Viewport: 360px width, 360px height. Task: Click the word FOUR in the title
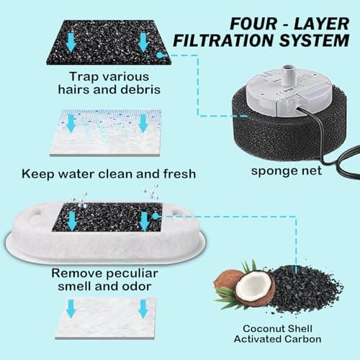pyautogui.click(x=253, y=24)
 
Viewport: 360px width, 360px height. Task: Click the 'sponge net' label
pyautogui.click(x=286, y=171)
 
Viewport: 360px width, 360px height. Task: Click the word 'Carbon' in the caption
pyautogui.click(x=302, y=339)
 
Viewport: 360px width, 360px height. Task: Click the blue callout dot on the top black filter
pyautogui.click(x=159, y=55)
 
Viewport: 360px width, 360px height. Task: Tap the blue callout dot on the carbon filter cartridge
pyautogui.click(x=156, y=216)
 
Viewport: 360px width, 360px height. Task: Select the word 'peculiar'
pyautogui.click(x=132, y=274)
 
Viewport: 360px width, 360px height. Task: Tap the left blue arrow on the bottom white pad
pyautogui.click(x=71, y=309)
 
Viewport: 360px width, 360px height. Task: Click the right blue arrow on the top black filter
pyautogui.click(x=143, y=42)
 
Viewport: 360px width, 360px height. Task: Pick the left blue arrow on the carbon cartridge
pyautogui.click(x=71, y=221)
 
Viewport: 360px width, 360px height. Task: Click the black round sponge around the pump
pyautogui.click(x=288, y=135)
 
